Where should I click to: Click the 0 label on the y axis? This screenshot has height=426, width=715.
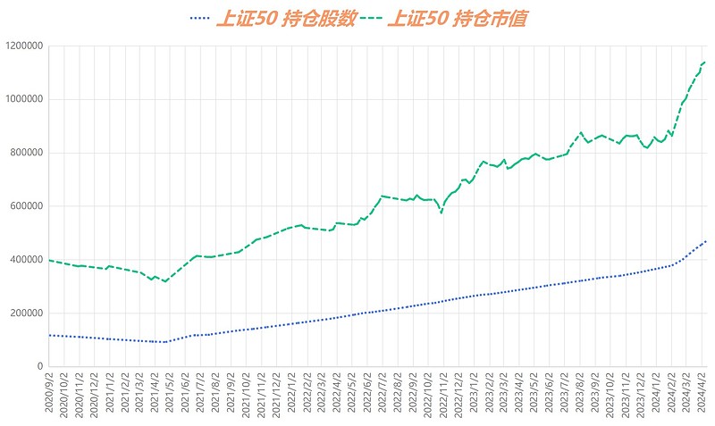[x=38, y=367]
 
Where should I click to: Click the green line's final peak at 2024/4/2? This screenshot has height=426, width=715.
[x=704, y=62]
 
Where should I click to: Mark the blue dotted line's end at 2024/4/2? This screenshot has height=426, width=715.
[x=705, y=241]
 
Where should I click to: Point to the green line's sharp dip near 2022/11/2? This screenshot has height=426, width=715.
[x=441, y=213]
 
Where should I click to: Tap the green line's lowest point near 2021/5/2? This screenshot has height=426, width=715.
[x=164, y=281]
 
